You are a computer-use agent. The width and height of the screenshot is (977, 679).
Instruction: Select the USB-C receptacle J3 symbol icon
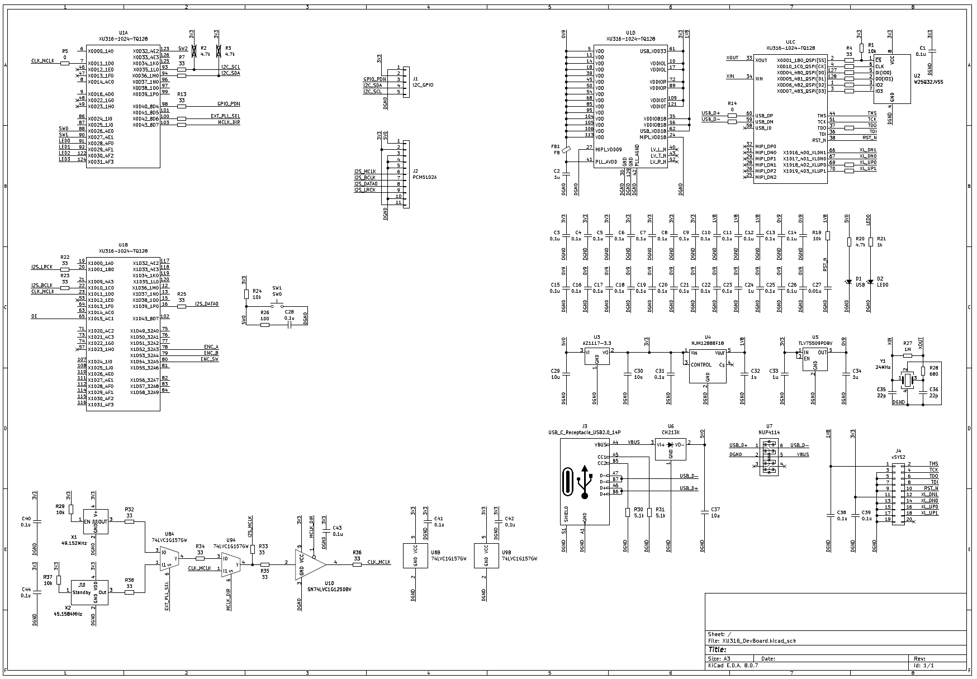coord(577,482)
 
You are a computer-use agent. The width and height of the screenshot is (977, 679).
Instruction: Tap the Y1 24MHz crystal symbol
coord(907,378)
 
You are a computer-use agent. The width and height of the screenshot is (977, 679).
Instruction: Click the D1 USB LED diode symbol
coord(848,281)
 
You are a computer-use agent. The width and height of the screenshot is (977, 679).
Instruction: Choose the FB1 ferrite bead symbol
coord(566,149)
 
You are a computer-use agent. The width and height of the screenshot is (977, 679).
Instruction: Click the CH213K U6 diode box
coord(670,449)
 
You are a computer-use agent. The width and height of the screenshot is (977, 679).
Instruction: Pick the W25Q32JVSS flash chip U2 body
coord(891,78)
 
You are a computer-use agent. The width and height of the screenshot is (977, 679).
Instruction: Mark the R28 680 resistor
coord(923,371)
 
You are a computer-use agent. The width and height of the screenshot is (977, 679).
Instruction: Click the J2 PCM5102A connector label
coord(424,177)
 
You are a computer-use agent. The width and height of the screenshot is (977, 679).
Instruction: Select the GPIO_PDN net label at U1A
coord(229,104)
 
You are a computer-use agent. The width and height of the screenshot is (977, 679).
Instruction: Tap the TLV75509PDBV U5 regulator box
coord(815,360)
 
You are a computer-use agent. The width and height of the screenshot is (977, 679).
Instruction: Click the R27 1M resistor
coord(907,355)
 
